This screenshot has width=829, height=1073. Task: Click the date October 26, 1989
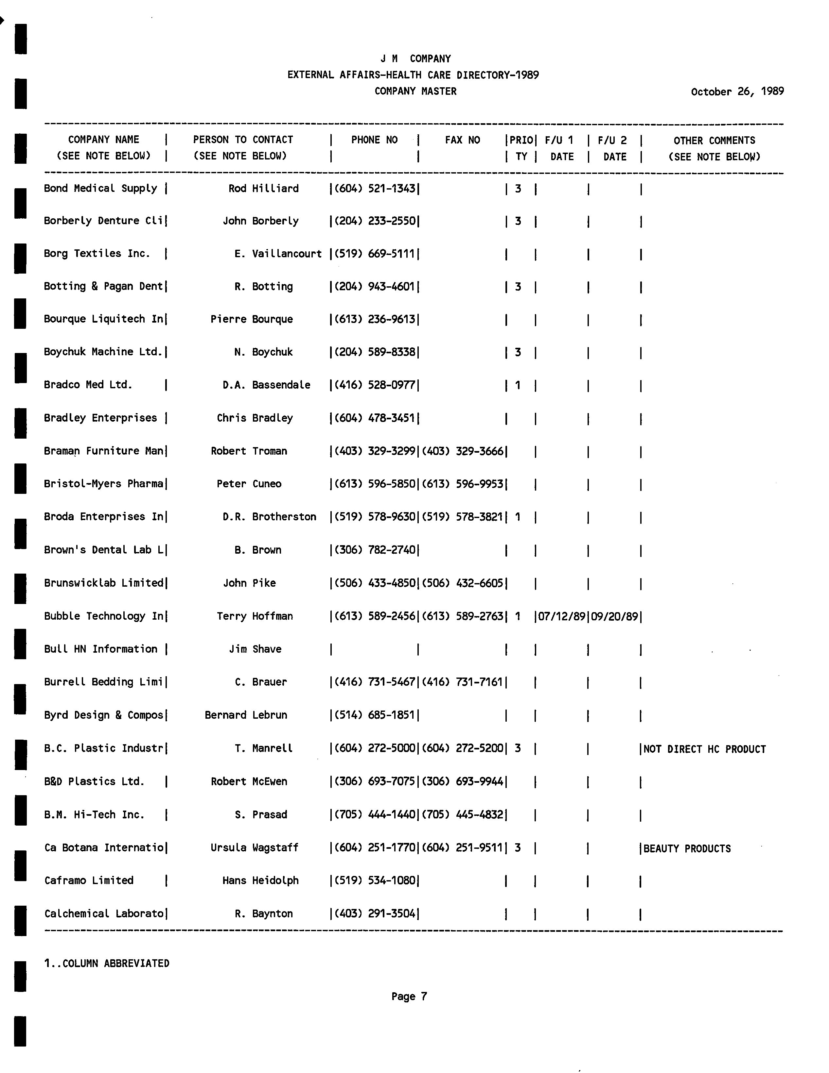click(737, 92)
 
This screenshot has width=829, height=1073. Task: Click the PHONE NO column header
click(374, 140)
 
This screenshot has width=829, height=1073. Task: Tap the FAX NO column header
click(462, 140)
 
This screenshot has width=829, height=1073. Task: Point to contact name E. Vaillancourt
click(278, 254)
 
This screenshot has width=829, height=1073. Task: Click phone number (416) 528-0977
click(375, 385)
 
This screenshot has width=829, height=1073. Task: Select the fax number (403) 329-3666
click(463, 451)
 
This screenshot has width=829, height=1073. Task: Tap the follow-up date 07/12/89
click(561, 616)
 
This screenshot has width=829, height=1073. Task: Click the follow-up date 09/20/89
click(614, 616)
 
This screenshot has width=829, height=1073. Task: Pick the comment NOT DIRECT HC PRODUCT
click(704, 749)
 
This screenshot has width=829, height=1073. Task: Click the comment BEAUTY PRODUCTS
click(687, 848)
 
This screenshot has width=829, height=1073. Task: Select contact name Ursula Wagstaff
click(254, 847)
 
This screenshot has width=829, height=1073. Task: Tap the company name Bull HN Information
click(100, 649)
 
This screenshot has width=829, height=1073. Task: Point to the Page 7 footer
click(409, 996)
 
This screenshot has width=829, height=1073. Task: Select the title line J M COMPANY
click(415, 59)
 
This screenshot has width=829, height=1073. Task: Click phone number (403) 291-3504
click(375, 913)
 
